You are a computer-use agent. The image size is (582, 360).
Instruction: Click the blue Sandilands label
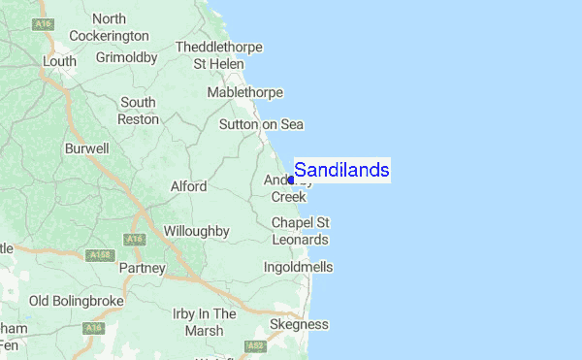coord(341,171)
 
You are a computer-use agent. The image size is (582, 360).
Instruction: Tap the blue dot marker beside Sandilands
coord(292,180)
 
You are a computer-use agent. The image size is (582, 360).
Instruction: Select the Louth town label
coord(59,61)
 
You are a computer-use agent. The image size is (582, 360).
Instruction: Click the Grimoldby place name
coord(127,57)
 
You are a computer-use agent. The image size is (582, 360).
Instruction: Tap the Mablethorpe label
coord(245,92)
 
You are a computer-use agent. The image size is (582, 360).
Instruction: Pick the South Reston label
coord(138,111)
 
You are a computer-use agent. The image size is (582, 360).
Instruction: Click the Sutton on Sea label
coord(261,124)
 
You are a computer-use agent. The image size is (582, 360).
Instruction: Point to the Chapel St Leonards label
coord(300,231)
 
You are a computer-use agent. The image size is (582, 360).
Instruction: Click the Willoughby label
coord(196,231)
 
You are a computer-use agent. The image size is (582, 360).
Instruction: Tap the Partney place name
coord(142,267)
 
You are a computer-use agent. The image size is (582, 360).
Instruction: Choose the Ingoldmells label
coord(298,266)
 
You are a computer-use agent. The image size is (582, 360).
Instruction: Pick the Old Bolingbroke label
coord(77,301)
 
